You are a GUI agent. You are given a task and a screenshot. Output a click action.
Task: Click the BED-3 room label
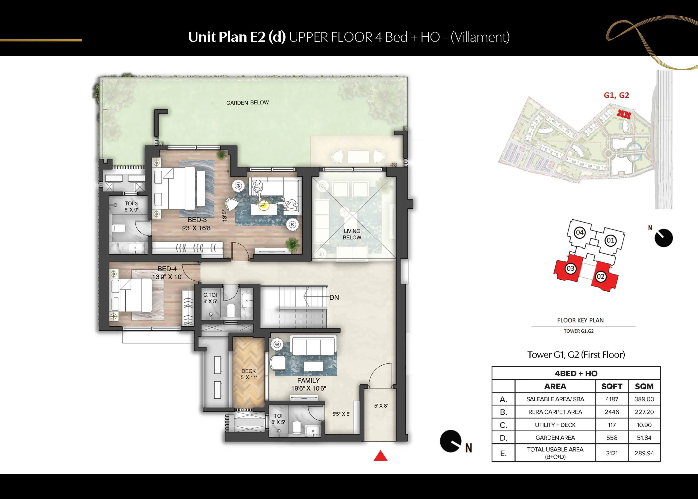click(x=197, y=220)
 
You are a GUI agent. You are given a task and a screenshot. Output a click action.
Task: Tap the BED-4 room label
click(x=167, y=269)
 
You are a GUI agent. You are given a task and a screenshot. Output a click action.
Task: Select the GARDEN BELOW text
click(x=248, y=103)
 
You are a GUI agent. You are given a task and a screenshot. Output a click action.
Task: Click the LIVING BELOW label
click(x=352, y=234)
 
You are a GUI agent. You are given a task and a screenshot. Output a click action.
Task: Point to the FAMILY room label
click(x=308, y=380)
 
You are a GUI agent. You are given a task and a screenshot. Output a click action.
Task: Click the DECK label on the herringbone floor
click(x=248, y=371)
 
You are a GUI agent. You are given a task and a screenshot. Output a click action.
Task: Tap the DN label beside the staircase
click(x=334, y=297)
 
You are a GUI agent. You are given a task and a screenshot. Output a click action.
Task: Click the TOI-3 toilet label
click(x=131, y=204)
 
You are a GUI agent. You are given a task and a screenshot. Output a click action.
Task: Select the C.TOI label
click(x=210, y=295)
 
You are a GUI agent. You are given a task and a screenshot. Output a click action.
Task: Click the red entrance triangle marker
click(x=380, y=456)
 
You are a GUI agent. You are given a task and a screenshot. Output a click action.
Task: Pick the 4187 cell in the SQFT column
click(x=612, y=399)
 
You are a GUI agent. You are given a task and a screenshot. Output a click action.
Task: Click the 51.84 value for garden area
click(x=644, y=438)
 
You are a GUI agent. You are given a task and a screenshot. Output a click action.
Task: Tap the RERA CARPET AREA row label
click(x=555, y=412)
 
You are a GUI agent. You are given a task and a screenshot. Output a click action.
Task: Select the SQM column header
click(x=644, y=386)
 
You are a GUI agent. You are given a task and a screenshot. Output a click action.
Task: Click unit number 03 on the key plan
click(x=570, y=268)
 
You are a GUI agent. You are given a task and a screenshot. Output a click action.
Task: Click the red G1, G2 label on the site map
click(x=616, y=95)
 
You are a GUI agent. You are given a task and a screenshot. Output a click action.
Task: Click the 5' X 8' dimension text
click(x=381, y=406)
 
